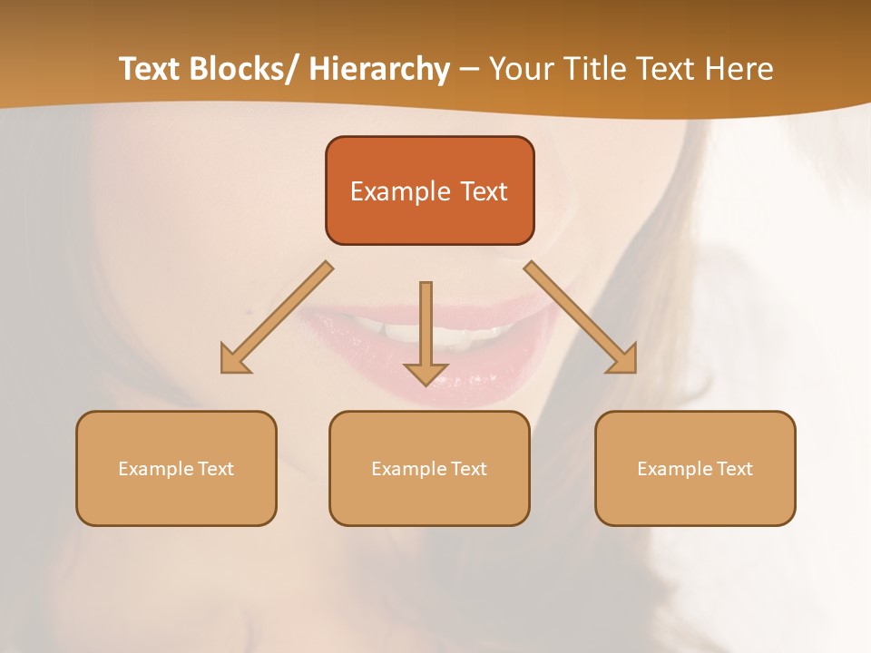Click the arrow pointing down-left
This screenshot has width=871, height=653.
coord(277,317)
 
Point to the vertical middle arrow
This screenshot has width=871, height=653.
coord(426,326)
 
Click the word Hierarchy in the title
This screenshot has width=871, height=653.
coord(379,69)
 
